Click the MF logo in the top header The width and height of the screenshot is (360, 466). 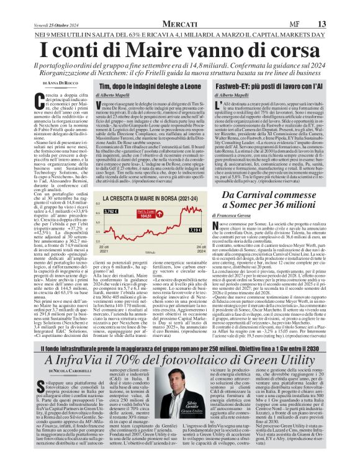(x=316, y=6)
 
